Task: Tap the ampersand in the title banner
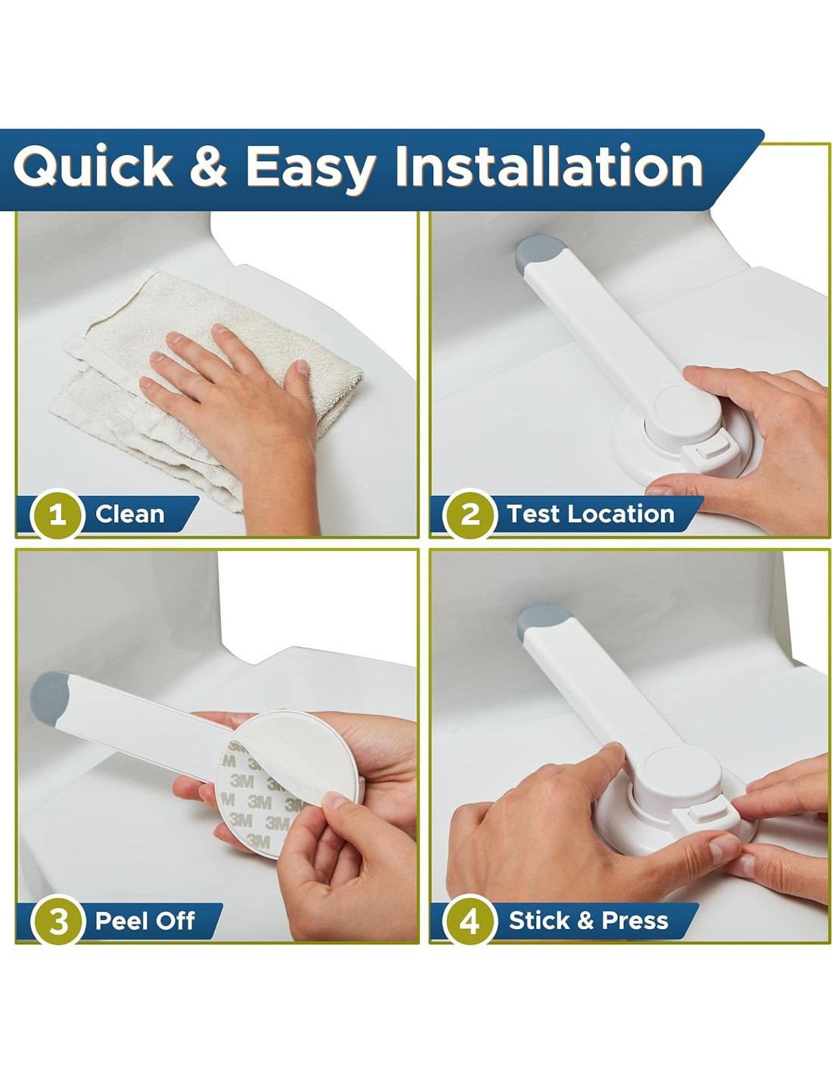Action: [209, 166]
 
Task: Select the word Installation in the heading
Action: [549, 165]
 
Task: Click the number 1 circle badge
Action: [57, 515]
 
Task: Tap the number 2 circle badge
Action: [469, 515]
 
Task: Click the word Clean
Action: [129, 514]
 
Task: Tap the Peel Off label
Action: [144, 921]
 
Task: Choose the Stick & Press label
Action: [588, 921]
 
